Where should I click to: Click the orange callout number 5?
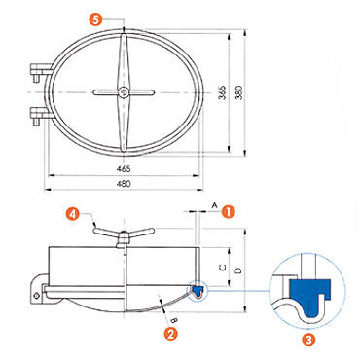tap(95, 19)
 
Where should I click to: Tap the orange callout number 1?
tap(229, 211)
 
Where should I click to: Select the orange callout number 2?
tap(171, 334)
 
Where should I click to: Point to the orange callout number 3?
tap(308, 340)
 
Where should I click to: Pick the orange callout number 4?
tap(73, 214)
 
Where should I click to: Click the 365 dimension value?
tap(223, 92)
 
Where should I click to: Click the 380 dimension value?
tap(238, 92)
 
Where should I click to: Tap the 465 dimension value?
tap(124, 169)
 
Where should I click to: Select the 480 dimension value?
tap(124, 184)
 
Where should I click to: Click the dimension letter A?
tap(214, 205)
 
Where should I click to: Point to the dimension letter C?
tap(223, 268)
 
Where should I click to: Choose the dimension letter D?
tap(238, 270)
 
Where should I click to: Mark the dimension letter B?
tap(174, 320)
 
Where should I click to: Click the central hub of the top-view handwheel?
tap(124, 92)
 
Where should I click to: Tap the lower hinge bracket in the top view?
tap(40, 115)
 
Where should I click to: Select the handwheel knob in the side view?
tap(124, 237)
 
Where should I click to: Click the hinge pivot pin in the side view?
tap(37, 295)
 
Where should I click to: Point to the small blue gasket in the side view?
tap(197, 289)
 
